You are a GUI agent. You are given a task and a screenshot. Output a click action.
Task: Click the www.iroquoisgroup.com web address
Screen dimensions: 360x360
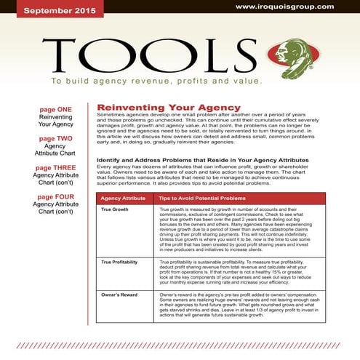294,7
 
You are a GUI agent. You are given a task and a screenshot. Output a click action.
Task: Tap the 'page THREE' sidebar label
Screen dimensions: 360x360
55,168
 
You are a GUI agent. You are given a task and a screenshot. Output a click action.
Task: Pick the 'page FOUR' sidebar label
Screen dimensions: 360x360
55,197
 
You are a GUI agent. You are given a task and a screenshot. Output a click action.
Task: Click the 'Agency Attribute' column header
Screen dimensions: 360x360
122,197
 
